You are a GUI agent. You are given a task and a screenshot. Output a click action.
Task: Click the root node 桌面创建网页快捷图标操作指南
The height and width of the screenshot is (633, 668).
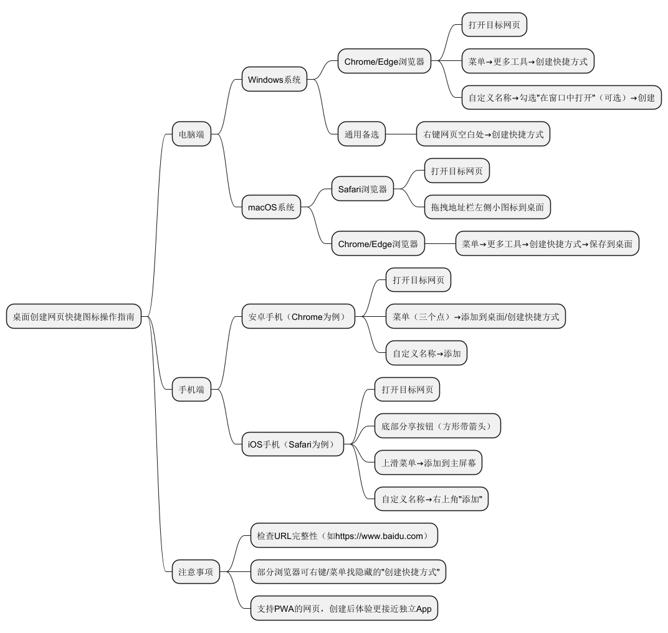(x=74, y=316)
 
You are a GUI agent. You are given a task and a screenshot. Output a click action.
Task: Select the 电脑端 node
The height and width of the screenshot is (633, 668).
(x=191, y=134)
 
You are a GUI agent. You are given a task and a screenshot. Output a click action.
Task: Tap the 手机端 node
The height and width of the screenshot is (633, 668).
(x=191, y=390)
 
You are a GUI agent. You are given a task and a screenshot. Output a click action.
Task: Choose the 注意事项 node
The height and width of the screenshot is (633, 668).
(x=196, y=571)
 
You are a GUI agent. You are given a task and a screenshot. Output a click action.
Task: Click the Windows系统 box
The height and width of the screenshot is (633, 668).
(x=274, y=79)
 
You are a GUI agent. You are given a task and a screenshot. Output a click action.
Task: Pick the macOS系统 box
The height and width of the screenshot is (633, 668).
(x=271, y=207)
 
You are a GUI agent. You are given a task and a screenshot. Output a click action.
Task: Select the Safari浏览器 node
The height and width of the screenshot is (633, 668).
(x=363, y=189)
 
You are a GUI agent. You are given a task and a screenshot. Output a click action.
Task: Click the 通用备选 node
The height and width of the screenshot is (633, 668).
(x=361, y=134)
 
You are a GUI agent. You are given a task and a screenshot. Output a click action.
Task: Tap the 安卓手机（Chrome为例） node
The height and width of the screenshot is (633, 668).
(x=302, y=317)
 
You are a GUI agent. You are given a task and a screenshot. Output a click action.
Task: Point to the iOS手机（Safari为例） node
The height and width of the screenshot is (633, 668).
(x=292, y=444)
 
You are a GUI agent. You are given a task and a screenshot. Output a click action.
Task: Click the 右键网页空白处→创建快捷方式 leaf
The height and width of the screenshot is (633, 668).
(x=483, y=134)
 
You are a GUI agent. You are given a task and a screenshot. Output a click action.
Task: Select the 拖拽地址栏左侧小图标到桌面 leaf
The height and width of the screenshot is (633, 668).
(x=487, y=207)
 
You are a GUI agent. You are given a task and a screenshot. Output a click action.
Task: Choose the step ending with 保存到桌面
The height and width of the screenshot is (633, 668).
(x=547, y=244)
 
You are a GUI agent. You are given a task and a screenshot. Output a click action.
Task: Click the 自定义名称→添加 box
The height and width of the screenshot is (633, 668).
(x=426, y=354)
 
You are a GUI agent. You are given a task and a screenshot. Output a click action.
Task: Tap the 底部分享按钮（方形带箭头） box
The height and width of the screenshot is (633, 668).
(x=437, y=426)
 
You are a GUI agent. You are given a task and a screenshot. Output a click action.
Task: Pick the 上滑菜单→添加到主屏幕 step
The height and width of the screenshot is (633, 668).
(x=428, y=463)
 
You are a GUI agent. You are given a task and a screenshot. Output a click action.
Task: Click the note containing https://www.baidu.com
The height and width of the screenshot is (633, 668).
(x=343, y=536)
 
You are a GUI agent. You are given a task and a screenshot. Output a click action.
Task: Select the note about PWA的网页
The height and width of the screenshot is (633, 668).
(x=344, y=609)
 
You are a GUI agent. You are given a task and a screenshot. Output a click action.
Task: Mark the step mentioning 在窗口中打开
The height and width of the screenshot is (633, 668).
(x=561, y=98)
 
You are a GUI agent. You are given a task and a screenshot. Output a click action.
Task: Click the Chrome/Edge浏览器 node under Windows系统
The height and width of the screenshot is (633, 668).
(x=384, y=62)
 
